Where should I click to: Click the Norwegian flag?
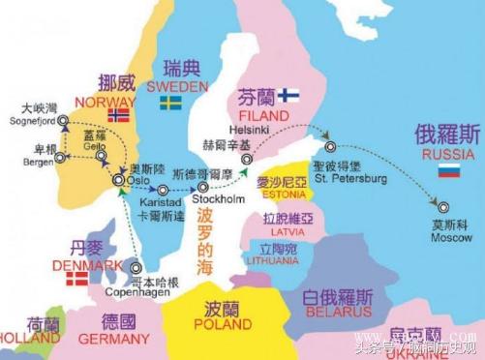pyautogui.click(x=118, y=115)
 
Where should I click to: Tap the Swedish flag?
pyautogui.click(x=172, y=102)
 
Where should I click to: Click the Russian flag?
pyautogui.click(x=447, y=170)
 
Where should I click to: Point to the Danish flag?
pyautogui.click(x=76, y=279)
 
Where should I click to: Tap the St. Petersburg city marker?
pyautogui.click(x=331, y=147)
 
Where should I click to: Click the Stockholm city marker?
pyautogui.click(x=201, y=188)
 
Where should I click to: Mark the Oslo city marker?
pyautogui.click(x=118, y=180)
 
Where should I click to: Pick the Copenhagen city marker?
pyautogui.click(x=136, y=268)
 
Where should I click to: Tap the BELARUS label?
pyautogui.click(x=339, y=312)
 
